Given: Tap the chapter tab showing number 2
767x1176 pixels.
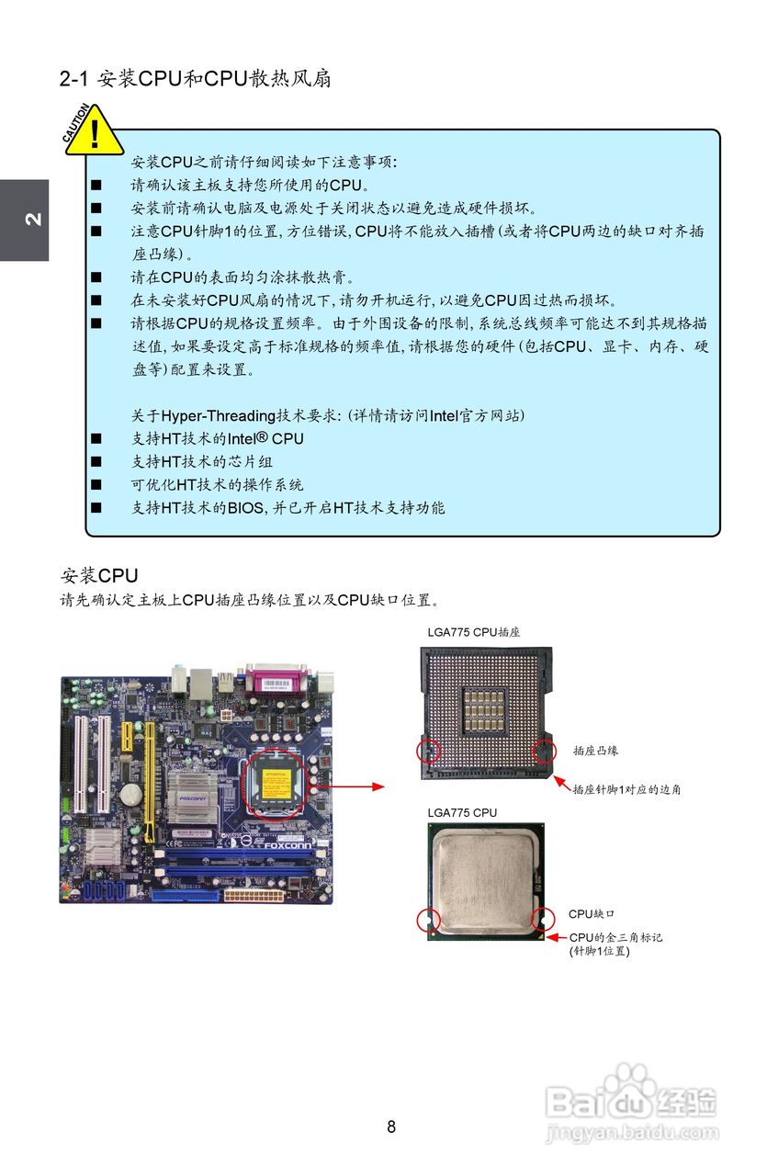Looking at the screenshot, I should [x=25, y=220].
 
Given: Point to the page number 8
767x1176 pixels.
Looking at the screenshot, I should [x=391, y=1126].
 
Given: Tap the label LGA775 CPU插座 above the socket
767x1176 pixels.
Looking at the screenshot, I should [x=474, y=632].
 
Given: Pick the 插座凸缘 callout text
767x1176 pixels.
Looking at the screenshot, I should [x=595, y=751].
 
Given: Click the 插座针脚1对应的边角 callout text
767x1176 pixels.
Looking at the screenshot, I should [x=626, y=789].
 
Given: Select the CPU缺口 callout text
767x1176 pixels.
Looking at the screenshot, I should [x=592, y=914].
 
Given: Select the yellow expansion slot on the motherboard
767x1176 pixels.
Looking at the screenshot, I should [x=147, y=776].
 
